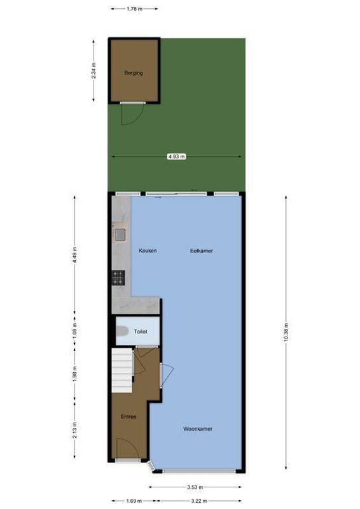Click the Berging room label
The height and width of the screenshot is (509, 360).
[x=134, y=73]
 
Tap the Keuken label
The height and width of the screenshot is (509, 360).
[x=148, y=251]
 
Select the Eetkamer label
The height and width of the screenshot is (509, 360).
[x=202, y=251]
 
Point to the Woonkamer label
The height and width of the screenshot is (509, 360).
[x=197, y=429]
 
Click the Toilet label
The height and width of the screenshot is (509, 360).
[x=140, y=331]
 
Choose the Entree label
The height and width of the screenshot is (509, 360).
[x=128, y=417]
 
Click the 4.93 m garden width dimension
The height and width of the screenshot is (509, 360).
[x=176, y=156]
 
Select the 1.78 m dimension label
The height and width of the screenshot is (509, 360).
[x=134, y=9]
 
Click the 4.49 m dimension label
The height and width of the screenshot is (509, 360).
[x=75, y=253]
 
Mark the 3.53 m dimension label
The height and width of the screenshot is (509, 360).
[x=195, y=487]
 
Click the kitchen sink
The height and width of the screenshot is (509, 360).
[x=120, y=234]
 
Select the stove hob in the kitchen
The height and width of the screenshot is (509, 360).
[x=118, y=277]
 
